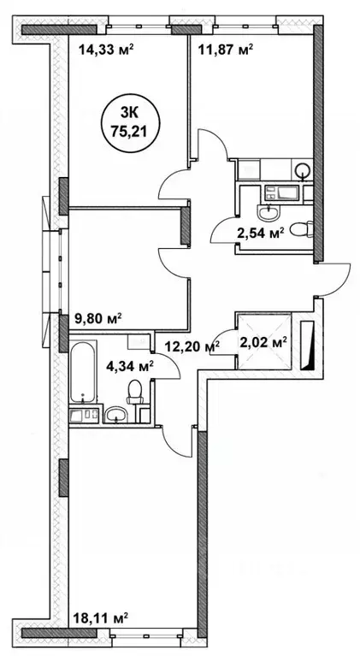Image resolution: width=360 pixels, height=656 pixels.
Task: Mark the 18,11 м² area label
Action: pyautogui.click(x=101, y=618)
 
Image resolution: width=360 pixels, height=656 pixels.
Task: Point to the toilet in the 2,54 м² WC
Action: pyautogui.click(x=297, y=227)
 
